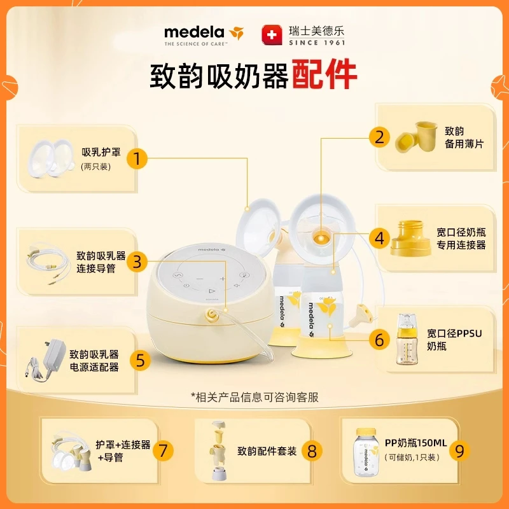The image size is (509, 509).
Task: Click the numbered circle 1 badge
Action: (x=137, y=158)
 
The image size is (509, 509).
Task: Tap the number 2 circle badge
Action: (x=380, y=137)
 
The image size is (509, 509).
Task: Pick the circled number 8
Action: (x=312, y=450)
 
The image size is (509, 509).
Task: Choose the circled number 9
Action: (x=460, y=450)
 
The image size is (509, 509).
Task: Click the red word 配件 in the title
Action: (x=324, y=76)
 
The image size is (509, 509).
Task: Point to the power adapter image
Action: (x=46, y=360)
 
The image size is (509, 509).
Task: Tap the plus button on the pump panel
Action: (x=222, y=279)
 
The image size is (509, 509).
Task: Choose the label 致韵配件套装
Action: (x=267, y=451)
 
